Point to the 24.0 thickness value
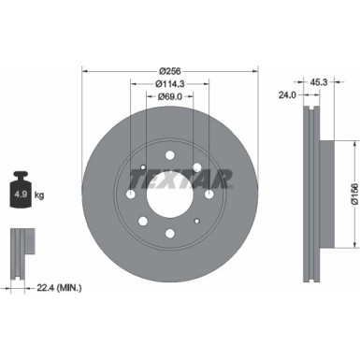coord(287,94)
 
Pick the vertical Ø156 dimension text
coord(353,194)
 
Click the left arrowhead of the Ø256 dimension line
coord(86,69)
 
